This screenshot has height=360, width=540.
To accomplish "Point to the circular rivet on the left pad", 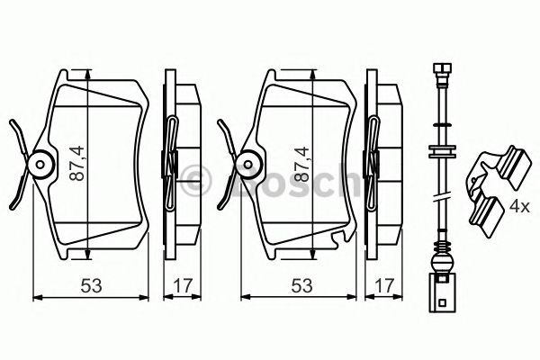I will tap(39, 164).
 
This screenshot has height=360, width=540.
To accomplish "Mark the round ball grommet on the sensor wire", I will tap(441, 264).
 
